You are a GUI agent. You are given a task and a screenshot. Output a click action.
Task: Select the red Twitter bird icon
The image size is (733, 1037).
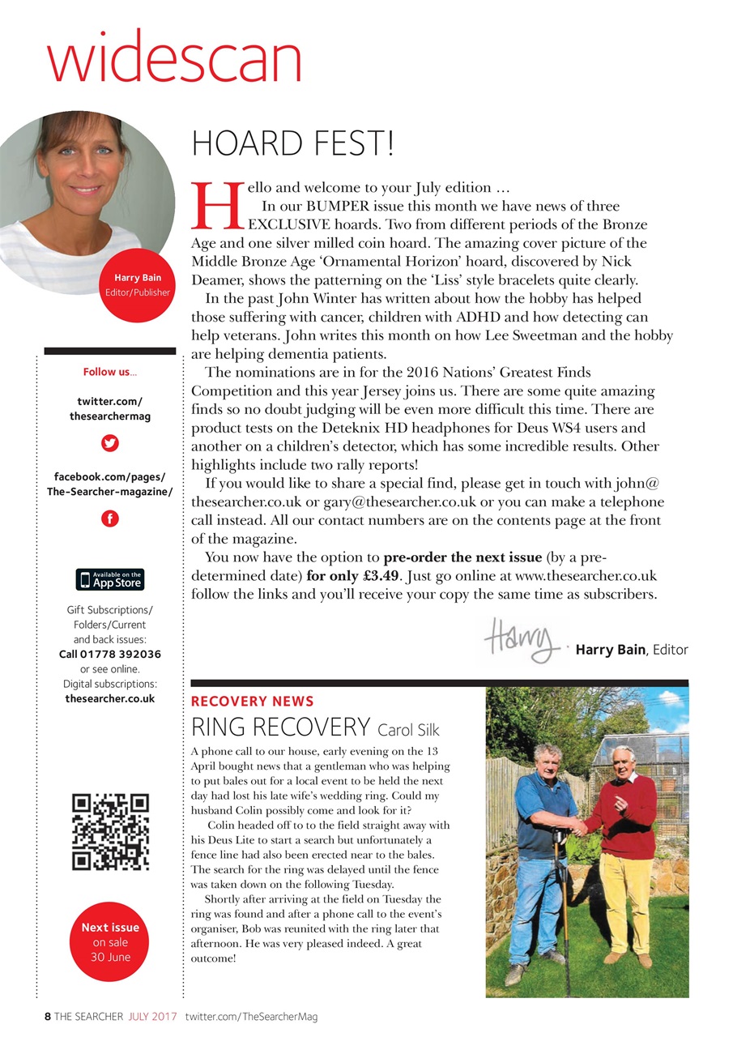pos(110,443)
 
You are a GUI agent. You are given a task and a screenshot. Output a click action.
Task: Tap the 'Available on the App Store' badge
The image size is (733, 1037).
pos(110,579)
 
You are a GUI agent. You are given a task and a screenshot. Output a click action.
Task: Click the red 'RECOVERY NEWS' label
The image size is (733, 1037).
pos(252,701)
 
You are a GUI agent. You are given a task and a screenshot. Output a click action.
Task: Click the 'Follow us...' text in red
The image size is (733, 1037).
pos(110,372)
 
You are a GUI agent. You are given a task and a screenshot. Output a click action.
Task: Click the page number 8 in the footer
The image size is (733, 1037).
pos(48,1016)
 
